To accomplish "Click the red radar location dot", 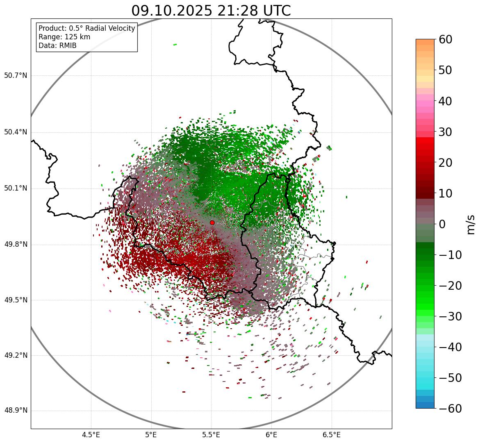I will [x=212, y=223].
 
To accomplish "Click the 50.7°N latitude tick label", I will [x=16, y=76].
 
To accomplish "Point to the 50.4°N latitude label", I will [x=16, y=132].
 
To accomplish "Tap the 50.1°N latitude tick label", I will [x=16, y=189].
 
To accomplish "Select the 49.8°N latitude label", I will [x=16, y=245].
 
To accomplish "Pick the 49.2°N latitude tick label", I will [x=16, y=355].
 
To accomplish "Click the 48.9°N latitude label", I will [x=16, y=411].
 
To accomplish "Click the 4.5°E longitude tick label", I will [x=91, y=435].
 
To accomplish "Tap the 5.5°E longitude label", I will [x=211, y=435].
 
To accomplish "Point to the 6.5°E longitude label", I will [x=332, y=435].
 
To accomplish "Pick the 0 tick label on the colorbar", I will [x=442, y=224].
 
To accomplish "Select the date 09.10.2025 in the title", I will [x=172, y=11].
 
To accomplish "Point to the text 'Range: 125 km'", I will [x=64, y=37].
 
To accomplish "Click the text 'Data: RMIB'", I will [x=57, y=45].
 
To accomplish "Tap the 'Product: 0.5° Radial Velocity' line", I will [x=86, y=28].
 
